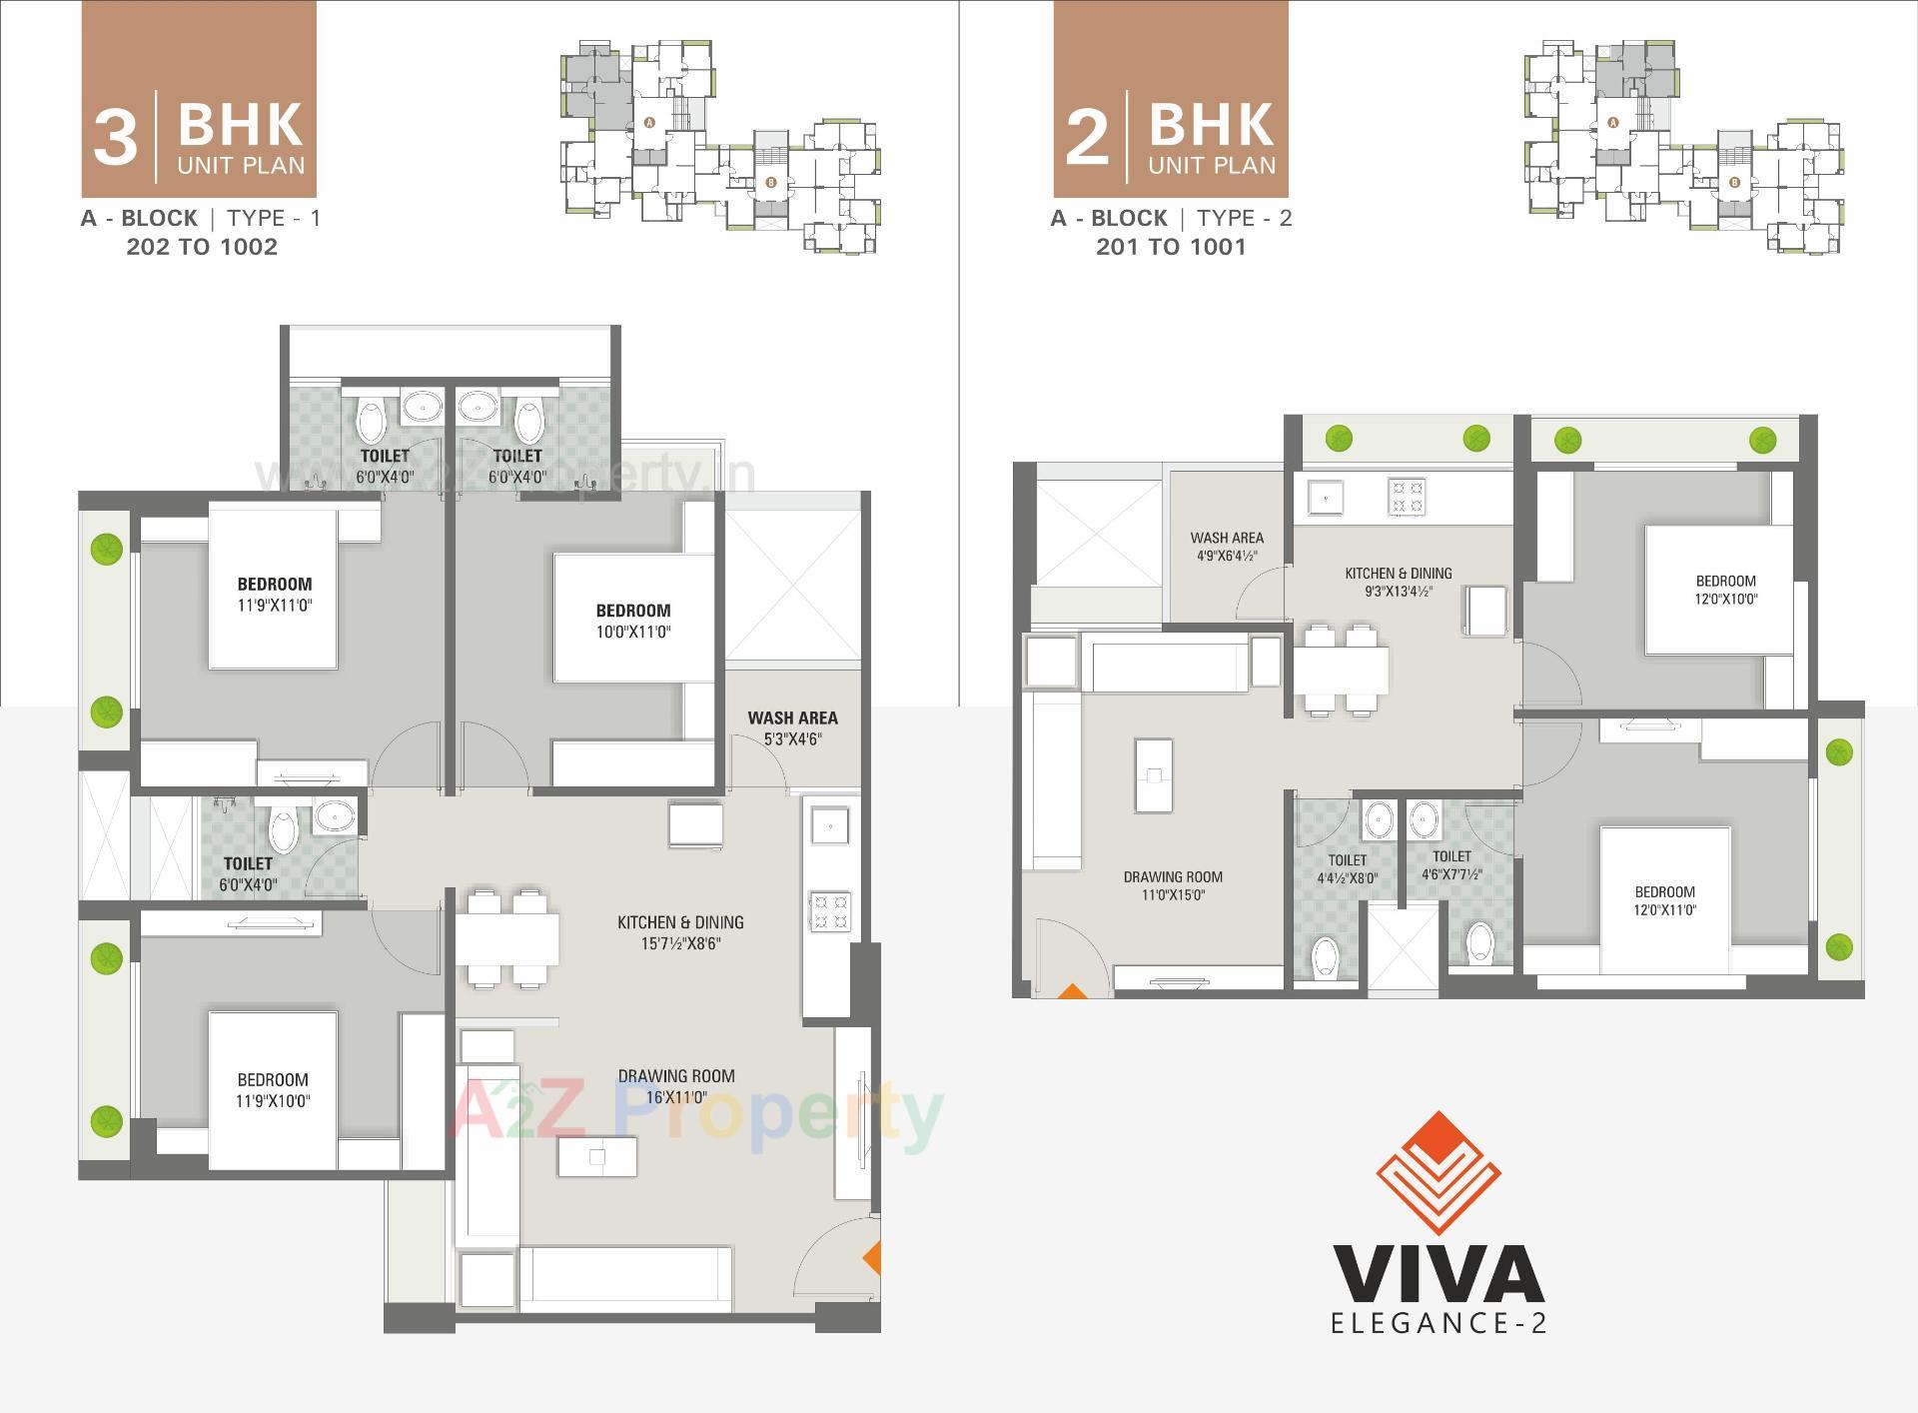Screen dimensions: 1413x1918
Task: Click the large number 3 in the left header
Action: tap(115, 138)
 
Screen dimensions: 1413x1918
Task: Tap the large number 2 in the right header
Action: tap(1087, 138)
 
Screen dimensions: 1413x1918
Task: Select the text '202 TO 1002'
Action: tap(202, 247)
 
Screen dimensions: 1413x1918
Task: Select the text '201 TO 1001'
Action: tap(1171, 247)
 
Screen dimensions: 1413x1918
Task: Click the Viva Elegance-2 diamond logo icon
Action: tap(1438, 1173)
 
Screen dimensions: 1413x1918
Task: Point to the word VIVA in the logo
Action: tap(1438, 1273)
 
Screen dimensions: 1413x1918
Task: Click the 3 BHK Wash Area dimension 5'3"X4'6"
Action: tap(792, 739)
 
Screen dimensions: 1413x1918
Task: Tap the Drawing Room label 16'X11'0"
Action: tap(676, 1086)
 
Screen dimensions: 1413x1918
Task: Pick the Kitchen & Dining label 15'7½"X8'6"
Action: tap(680, 932)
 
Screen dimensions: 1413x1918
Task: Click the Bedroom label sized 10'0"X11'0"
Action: tap(633, 621)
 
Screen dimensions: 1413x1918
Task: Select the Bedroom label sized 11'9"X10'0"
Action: tap(273, 1090)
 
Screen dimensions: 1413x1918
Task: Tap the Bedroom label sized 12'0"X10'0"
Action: tap(1725, 590)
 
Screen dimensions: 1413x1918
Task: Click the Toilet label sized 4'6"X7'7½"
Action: tap(1451, 864)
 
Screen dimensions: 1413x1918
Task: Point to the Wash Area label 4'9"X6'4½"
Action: tap(1227, 547)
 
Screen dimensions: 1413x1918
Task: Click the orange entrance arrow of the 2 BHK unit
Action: tap(1072, 992)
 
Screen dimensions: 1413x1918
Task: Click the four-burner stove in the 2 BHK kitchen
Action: tap(1406, 497)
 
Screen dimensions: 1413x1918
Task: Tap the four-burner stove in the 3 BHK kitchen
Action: tap(830, 911)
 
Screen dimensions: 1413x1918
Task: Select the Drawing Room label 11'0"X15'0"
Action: tap(1173, 885)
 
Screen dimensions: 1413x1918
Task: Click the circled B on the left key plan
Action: tap(770, 183)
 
